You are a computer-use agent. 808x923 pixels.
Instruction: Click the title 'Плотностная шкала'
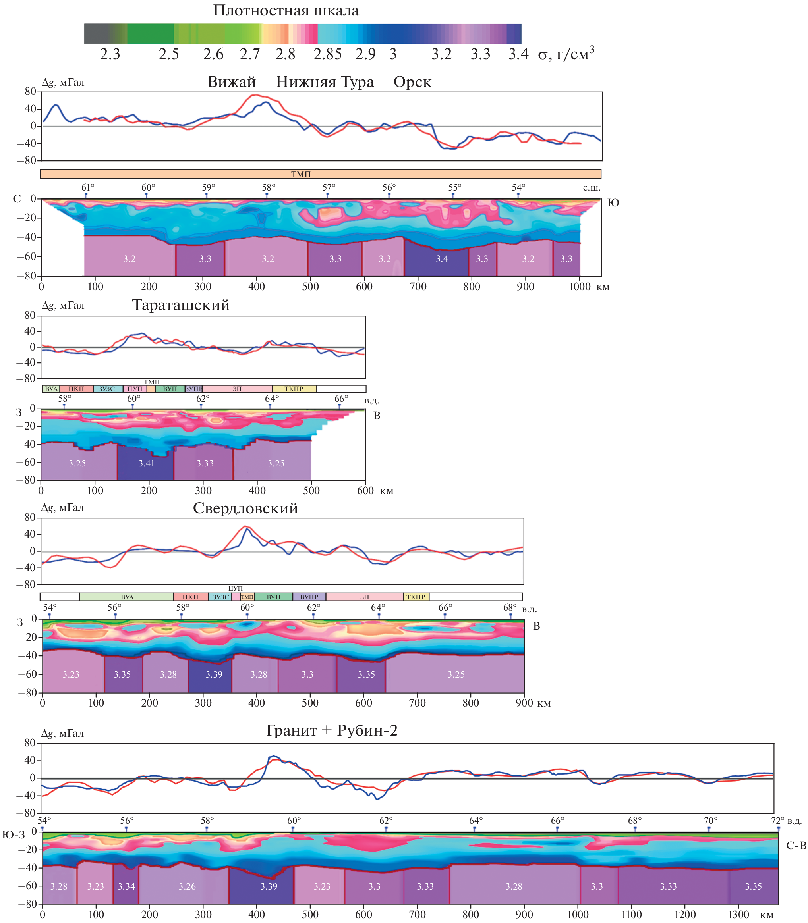(286, 11)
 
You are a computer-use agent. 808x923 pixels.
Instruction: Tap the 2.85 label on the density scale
(328, 54)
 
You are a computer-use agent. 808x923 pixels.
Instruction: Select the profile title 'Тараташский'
(181, 305)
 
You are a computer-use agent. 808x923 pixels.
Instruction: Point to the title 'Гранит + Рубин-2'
(332, 730)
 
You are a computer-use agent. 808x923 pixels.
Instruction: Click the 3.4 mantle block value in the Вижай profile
(442, 259)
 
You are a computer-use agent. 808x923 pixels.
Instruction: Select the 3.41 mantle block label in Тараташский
(147, 463)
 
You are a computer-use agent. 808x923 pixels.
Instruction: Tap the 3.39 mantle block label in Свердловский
(214, 674)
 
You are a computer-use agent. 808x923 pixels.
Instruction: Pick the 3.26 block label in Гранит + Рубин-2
(187, 886)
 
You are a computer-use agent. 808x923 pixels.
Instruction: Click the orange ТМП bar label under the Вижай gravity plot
(301, 174)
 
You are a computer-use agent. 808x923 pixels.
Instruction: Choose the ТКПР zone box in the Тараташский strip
(294, 389)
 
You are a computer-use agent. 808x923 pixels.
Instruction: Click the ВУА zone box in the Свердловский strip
(127, 597)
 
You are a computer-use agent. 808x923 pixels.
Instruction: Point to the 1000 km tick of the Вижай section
(580, 287)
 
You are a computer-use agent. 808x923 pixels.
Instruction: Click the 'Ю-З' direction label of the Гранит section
(14, 835)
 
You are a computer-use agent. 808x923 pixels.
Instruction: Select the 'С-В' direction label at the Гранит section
(796, 846)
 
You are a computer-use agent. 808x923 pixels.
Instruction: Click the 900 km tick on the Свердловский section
(524, 703)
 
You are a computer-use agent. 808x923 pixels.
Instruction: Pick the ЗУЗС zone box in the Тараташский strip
(107, 389)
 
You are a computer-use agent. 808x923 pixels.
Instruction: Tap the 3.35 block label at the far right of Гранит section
(753, 886)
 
